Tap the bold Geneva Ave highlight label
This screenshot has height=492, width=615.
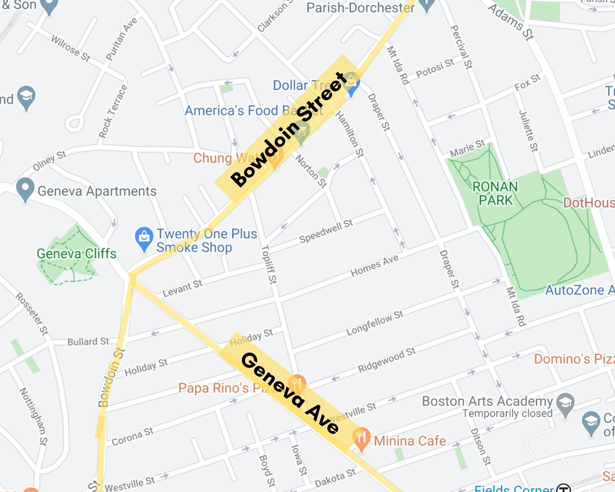290,393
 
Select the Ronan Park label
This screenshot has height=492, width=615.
495,194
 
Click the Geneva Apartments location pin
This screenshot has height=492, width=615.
25,189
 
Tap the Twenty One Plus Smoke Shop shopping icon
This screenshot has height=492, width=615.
144,239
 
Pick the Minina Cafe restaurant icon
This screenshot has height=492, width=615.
361,439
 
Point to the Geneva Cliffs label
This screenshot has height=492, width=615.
77,254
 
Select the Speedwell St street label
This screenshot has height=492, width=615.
326,231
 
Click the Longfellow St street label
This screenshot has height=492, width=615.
375,323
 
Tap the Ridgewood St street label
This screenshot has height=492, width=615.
387,360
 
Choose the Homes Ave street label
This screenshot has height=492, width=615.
374,266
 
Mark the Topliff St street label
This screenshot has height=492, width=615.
269,264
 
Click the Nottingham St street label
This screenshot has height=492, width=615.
34,416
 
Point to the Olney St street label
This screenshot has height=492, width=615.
49,161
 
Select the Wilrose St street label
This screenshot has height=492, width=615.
71,48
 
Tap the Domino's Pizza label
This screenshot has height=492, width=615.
574,359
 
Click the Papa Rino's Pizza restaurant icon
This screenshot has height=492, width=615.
296,383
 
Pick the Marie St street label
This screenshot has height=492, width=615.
467,148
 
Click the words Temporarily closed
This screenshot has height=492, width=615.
508,413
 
